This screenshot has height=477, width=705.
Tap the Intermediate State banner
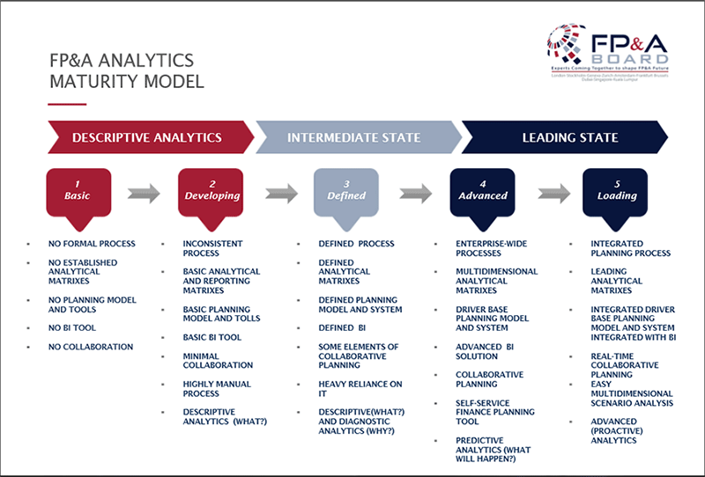[353, 137]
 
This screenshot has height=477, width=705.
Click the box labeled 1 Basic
[78, 190]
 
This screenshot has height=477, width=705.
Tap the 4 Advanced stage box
[482, 190]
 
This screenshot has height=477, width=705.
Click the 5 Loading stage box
[616, 190]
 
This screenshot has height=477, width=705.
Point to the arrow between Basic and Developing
[144, 194]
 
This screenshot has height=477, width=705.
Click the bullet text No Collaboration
[90, 347]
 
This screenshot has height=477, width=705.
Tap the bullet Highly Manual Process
[216, 389]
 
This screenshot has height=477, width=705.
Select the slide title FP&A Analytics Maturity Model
[122, 72]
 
